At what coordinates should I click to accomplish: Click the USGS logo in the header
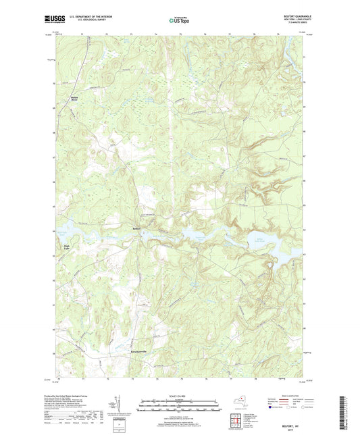51,20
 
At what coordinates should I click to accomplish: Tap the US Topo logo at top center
178,20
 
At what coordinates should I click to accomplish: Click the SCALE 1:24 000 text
179,395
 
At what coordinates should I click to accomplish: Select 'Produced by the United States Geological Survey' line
76,396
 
